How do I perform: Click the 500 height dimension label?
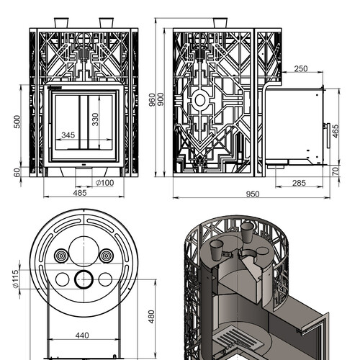tap(17, 122)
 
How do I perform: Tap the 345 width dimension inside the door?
tap(68, 135)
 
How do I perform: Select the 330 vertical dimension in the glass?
tap(95, 120)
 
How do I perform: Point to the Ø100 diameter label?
tap(105, 183)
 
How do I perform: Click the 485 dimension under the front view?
tap(80, 193)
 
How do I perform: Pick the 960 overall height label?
tap(152, 99)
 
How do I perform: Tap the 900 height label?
tap(161, 99)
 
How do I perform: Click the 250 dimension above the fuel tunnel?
tap(301, 69)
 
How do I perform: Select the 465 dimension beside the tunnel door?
tap(336, 131)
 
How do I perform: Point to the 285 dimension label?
tap(299, 183)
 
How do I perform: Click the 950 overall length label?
tap(253, 194)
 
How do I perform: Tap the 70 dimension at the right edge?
tap(336, 171)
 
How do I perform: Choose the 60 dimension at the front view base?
tap(17, 173)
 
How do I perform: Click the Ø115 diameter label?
tap(15, 279)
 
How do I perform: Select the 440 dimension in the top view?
tap(82, 336)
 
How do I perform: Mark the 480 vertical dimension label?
tap(151, 317)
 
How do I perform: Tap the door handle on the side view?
tap(328, 135)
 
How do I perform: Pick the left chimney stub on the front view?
tap(61, 23)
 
